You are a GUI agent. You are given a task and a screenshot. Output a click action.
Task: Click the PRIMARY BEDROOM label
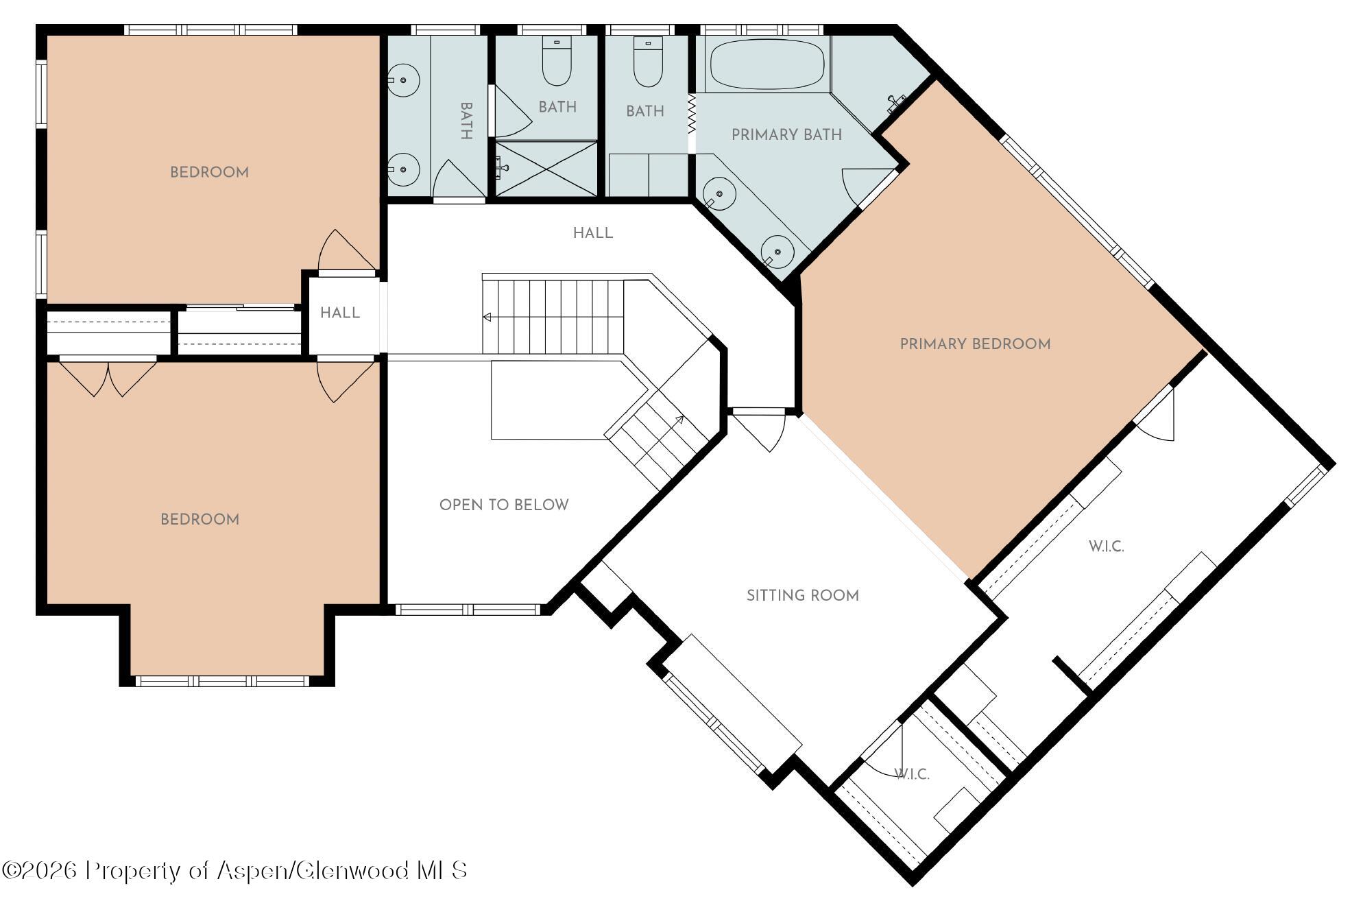coord(975,344)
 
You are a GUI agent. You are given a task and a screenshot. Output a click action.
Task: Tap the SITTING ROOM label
coord(803,596)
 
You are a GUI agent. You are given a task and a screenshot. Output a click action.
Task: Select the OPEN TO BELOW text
coord(504,505)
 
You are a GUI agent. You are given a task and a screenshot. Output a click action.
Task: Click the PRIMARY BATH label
coord(786,135)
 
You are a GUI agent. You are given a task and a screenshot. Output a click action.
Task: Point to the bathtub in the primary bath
coord(767,64)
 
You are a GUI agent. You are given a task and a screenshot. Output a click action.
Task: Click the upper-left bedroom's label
coord(209,173)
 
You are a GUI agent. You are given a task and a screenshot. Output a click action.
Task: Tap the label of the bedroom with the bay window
coord(200,520)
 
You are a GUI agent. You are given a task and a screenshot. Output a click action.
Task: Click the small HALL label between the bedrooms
coord(340,313)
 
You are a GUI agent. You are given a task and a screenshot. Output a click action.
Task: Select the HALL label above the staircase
coord(593,234)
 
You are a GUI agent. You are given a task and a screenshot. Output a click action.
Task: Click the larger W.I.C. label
coord(1106,547)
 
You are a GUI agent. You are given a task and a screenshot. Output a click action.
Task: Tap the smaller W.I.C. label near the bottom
coord(912,775)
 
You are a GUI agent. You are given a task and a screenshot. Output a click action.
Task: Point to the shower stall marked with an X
coord(546,169)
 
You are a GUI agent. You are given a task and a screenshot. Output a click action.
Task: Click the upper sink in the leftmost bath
coord(403,80)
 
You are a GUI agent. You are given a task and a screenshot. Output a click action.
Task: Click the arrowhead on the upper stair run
coord(487,317)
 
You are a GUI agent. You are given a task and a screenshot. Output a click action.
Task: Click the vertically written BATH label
coord(466,121)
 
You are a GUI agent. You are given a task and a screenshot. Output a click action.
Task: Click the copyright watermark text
coord(234,871)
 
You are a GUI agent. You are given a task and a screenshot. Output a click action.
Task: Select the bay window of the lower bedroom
coord(223,681)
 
